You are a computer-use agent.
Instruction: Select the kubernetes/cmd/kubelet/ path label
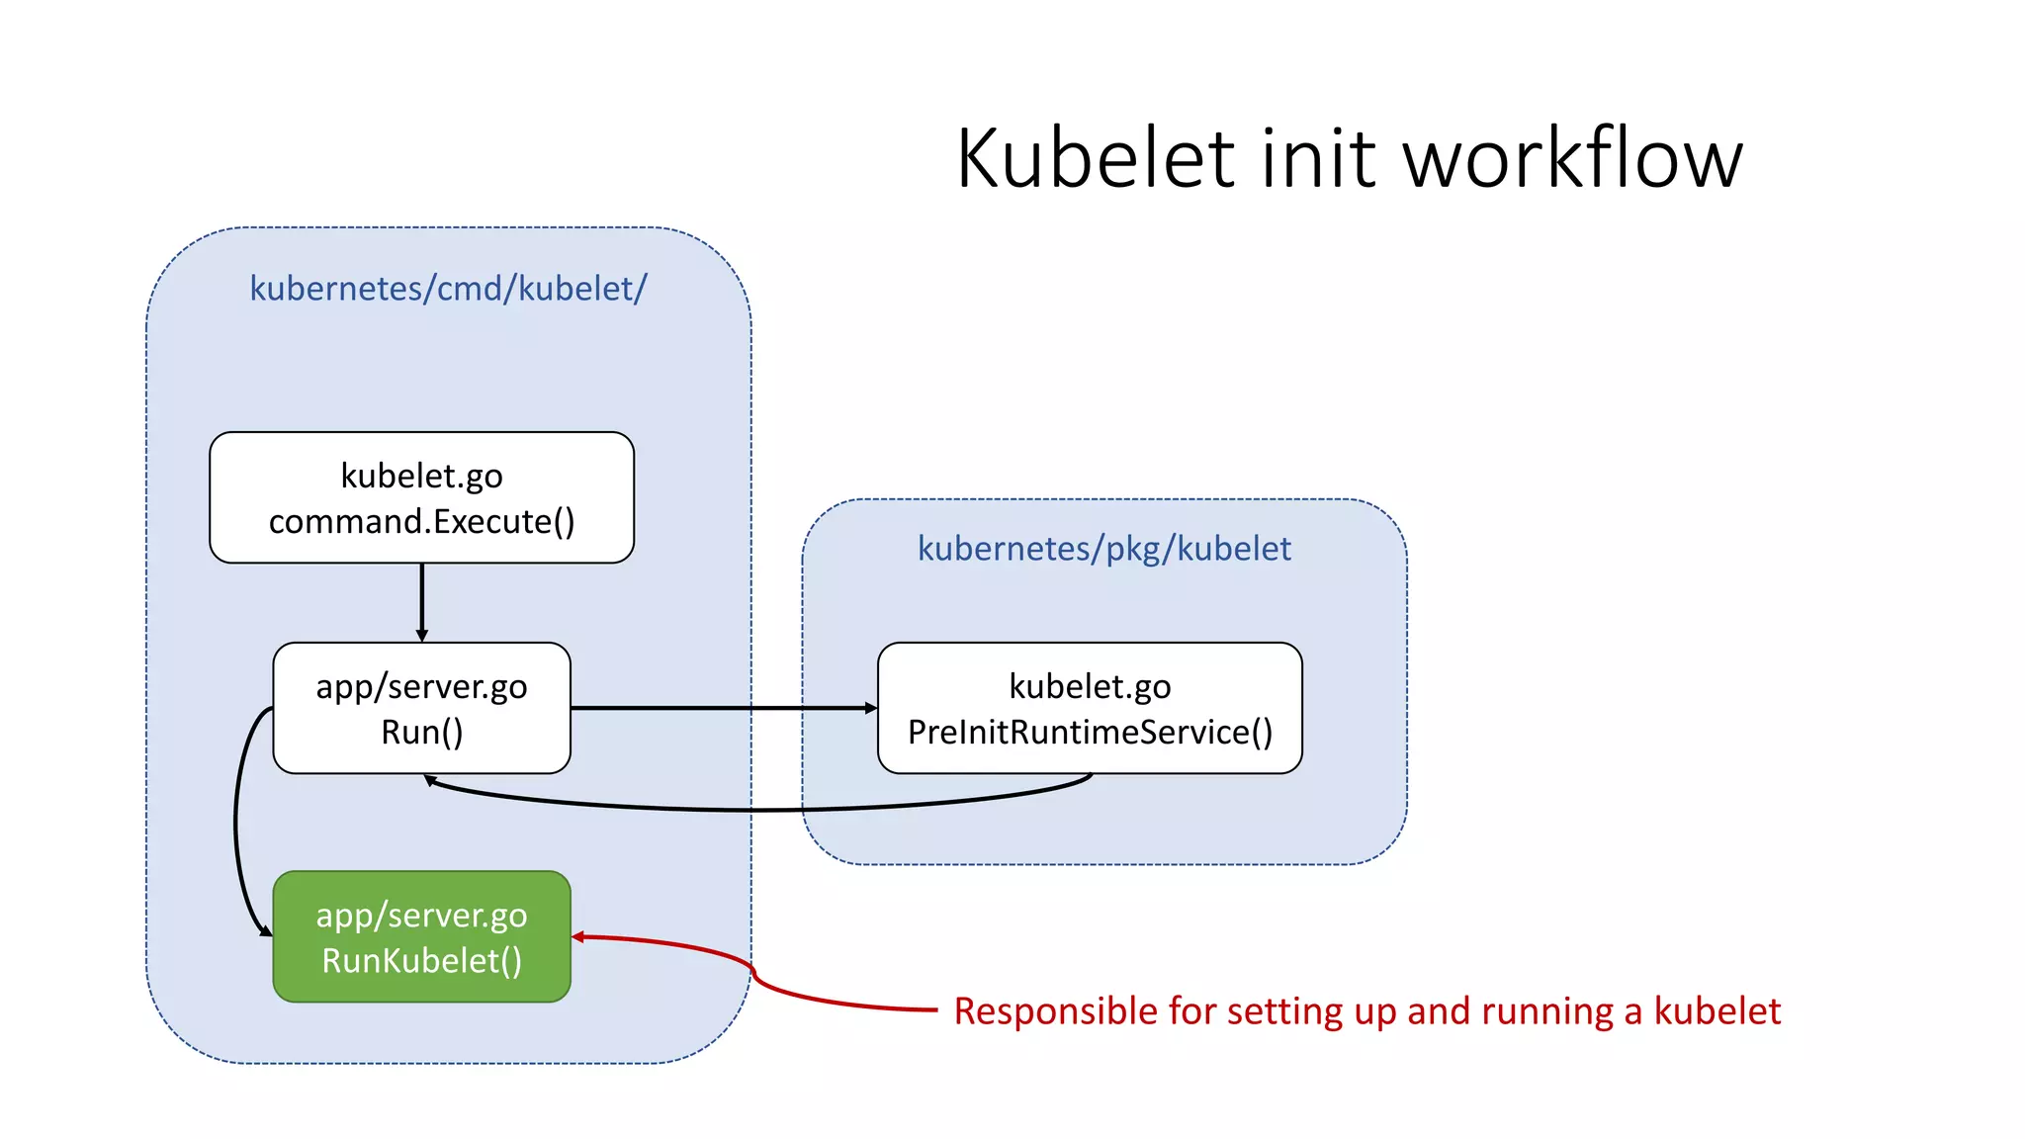pyautogui.click(x=448, y=289)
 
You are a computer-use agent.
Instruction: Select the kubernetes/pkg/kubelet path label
pyautogui.click(x=1103, y=549)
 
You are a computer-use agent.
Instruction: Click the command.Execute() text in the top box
pyautogui.click(x=421, y=522)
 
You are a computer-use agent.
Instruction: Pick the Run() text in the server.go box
pyautogui.click(x=421, y=733)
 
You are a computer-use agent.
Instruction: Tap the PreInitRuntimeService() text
pyautogui.click(x=1090, y=733)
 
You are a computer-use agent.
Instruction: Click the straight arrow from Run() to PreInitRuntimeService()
pyautogui.click(x=722, y=708)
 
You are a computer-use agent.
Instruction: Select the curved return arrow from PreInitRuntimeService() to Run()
pyautogui.click(x=751, y=809)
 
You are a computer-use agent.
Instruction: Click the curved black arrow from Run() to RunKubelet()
pyautogui.click(x=236, y=821)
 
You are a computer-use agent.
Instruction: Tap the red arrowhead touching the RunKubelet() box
pyautogui.click(x=578, y=936)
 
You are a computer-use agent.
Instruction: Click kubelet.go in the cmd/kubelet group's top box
pyautogui.click(x=421, y=477)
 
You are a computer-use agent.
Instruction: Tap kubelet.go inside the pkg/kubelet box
pyautogui.click(x=1090, y=686)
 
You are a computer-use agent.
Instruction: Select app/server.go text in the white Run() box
pyautogui.click(x=421, y=687)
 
